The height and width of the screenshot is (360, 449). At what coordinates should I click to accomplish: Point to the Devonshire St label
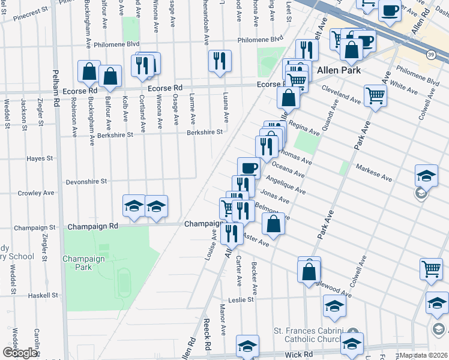[86, 181]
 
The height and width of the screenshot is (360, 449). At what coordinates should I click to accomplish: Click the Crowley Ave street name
[36, 193]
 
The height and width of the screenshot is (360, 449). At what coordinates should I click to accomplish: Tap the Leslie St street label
[242, 299]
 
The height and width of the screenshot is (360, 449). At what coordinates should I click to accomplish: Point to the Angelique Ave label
[286, 185]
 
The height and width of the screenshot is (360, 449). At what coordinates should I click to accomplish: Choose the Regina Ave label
[304, 128]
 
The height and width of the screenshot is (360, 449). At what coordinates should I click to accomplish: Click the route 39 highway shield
[431, 55]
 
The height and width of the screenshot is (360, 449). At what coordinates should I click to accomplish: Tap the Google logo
[20, 353]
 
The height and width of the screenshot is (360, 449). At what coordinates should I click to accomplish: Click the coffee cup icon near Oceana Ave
[249, 167]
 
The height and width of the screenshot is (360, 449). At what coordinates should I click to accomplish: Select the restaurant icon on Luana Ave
[220, 60]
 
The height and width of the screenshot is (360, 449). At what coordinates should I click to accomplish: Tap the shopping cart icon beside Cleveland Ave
[375, 94]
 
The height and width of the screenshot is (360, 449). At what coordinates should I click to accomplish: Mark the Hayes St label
[40, 159]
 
